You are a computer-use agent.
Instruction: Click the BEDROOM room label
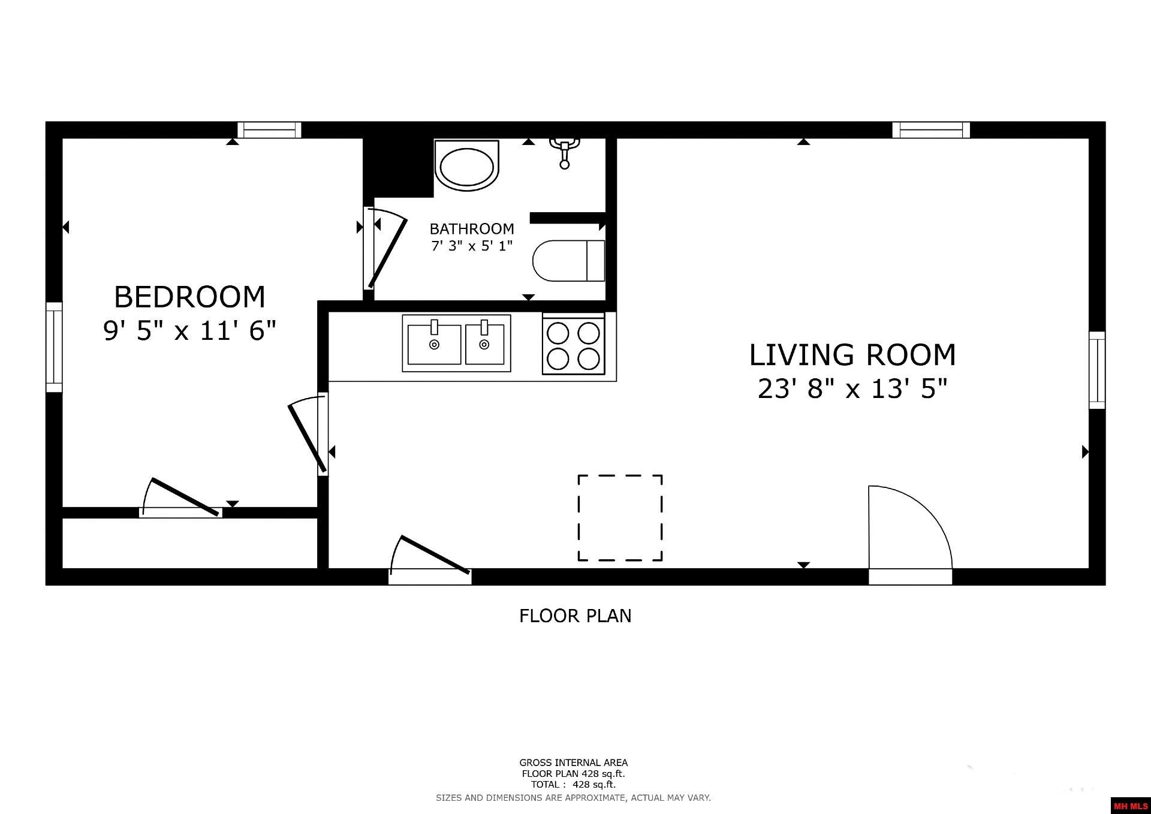(189, 297)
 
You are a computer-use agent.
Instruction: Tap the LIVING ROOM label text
(852, 355)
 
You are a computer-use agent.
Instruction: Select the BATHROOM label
(472, 228)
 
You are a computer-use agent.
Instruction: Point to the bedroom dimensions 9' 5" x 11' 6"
(189, 330)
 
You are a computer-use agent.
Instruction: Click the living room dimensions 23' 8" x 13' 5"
(852, 389)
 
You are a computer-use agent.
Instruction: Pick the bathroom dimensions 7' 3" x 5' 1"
(472, 246)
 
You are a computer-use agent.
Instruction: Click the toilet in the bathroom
(569, 261)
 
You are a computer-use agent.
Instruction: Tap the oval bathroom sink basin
(467, 165)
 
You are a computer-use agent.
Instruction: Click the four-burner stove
(573, 344)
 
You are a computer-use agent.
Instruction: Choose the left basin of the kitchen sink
(434, 343)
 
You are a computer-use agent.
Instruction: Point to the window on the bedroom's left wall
(54, 347)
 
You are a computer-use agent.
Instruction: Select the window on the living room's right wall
(1097, 370)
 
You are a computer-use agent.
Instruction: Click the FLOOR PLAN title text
(575, 616)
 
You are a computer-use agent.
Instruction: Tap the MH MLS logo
(1131, 806)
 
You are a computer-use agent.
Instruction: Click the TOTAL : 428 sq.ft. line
(573, 784)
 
